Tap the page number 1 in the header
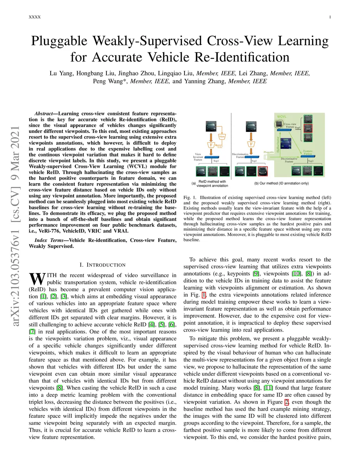point(330,17)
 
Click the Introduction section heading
point(103,265)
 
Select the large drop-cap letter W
point(37,279)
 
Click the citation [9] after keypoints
point(256,274)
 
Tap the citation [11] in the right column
point(268,388)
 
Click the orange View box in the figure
point(222,136)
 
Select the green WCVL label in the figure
point(282,117)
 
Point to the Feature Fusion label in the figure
point(308,152)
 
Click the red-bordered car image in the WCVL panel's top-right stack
point(308,128)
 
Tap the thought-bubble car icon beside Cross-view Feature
point(279,124)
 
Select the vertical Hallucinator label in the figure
point(278,145)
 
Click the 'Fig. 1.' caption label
point(189,198)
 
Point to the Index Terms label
point(49,240)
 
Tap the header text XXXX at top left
point(35,17)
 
